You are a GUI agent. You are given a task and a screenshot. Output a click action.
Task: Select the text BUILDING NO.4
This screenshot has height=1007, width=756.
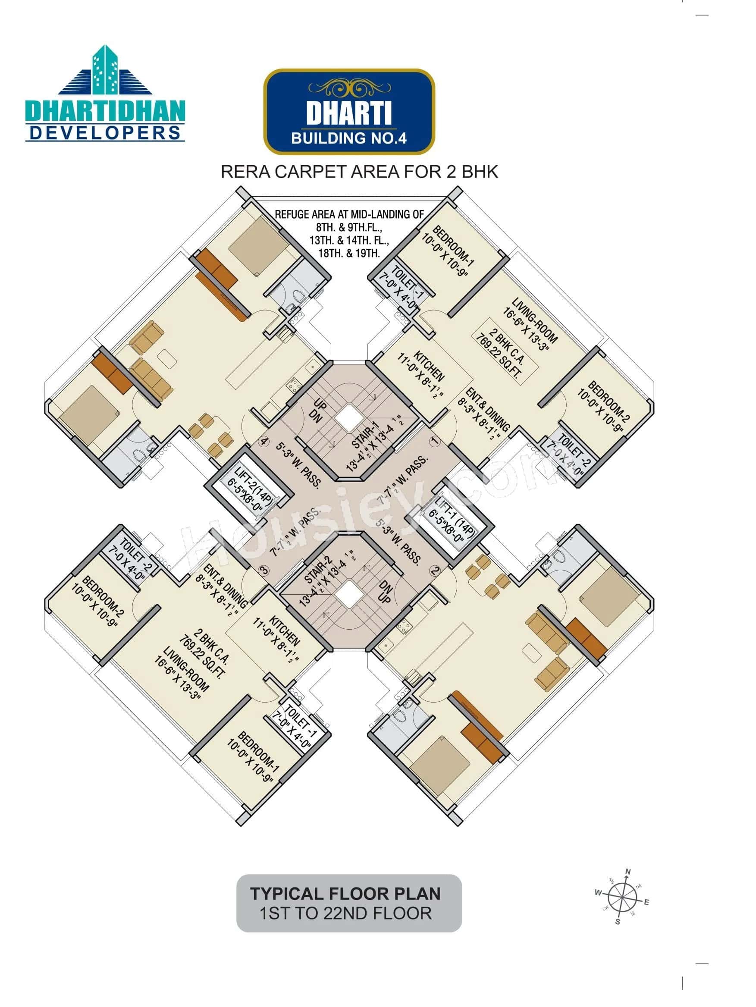pyautogui.click(x=348, y=138)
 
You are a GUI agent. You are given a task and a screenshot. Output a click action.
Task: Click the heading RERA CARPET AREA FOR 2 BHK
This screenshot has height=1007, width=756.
pyautogui.click(x=359, y=172)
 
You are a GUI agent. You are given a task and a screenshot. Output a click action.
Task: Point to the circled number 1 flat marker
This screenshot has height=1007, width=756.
pyautogui.click(x=435, y=441)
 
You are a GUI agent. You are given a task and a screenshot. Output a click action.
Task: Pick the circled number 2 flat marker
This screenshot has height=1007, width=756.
pyautogui.click(x=435, y=570)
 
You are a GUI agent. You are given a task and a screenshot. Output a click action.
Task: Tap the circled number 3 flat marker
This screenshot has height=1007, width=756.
pyautogui.click(x=264, y=570)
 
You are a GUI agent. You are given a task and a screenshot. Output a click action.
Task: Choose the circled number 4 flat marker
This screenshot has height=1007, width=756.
pyautogui.click(x=264, y=441)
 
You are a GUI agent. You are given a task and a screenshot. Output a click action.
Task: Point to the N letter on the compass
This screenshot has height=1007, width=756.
pyautogui.click(x=628, y=872)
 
